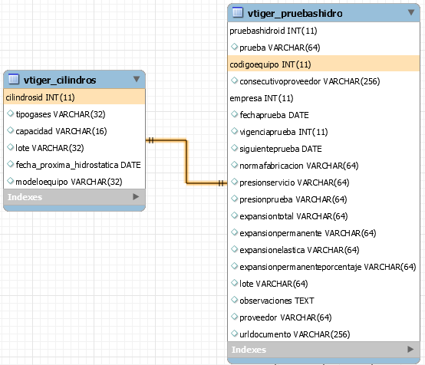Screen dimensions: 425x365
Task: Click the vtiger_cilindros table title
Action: click(x=60, y=81)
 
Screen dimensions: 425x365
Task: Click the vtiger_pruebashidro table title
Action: click(x=295, y=13)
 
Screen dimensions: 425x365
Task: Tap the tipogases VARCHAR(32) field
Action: click(x=61, y=114)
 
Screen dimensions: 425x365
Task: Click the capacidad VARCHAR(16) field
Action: click(x=61, y=131)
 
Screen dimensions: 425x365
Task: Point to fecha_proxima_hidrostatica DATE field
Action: click(x=78, y=165)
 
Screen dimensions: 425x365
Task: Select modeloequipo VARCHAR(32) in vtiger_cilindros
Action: click(x=69, y=182)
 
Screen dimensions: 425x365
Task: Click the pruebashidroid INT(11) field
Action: click(x=273, y=31)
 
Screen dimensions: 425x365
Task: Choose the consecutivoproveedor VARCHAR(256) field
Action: click(x=309, y=81)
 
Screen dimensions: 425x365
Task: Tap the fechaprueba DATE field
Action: click(x=274, y=115)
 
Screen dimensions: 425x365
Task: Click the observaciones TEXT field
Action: click(x=277, y=301)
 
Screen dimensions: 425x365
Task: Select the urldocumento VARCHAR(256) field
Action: click(x=295, y=334)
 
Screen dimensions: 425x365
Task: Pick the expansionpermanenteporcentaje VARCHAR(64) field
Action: click(x=328, y=267)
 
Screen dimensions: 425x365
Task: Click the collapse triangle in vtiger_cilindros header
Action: click(x=137, y=79)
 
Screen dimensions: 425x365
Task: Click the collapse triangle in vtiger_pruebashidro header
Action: click(x=411, y=12)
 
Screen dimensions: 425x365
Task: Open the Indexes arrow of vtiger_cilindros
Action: click(x=136, y=197)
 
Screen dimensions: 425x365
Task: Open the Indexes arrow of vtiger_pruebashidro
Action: click(x=410, y=350)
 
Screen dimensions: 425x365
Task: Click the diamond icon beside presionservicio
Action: click(x=234, y=182)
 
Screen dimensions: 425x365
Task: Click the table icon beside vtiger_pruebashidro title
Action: click(x=238, y=12)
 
